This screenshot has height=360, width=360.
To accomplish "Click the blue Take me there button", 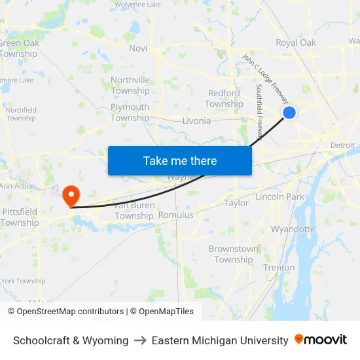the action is [180, 160].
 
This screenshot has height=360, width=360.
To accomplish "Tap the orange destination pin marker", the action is [71, 196].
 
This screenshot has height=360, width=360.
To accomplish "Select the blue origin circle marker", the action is [289, 113].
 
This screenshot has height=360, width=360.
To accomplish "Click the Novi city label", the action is [138, 48].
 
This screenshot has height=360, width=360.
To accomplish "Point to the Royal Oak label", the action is [296, 43].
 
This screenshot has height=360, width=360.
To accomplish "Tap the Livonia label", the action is [196, 121].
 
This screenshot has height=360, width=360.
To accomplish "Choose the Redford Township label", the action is [224, 99].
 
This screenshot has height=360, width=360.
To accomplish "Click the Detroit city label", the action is [342, 145].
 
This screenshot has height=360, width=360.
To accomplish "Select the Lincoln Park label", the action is [280, 196].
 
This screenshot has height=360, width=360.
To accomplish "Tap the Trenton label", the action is [279, 268].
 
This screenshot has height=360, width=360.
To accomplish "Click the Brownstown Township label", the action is [233, 254].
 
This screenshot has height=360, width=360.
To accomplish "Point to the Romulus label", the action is [176, 215].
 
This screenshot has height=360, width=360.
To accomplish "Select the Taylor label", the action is [236, 203].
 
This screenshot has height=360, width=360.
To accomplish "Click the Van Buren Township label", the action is [134, 211].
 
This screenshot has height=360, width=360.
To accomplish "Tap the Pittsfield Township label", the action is [20, 217].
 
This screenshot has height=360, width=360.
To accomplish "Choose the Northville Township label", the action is [130, 85].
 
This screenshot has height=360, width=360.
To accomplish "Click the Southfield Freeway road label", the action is [259, 111].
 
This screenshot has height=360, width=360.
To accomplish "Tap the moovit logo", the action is [321, 340].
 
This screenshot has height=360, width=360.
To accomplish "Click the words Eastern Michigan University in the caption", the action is [220, 340].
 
